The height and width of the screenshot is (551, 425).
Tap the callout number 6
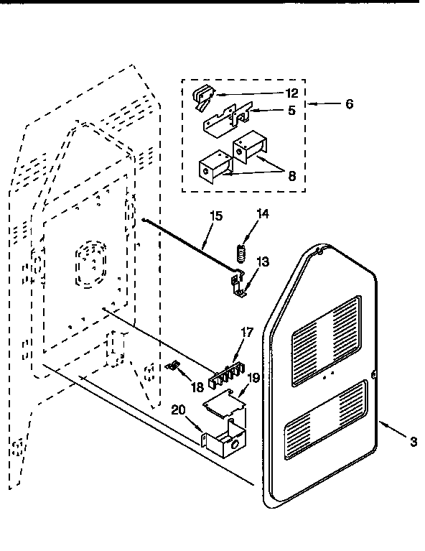pos(350,103)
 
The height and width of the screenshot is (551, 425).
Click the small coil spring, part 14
pos(242,253)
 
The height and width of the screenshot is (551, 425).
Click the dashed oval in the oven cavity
pos(91,266)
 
